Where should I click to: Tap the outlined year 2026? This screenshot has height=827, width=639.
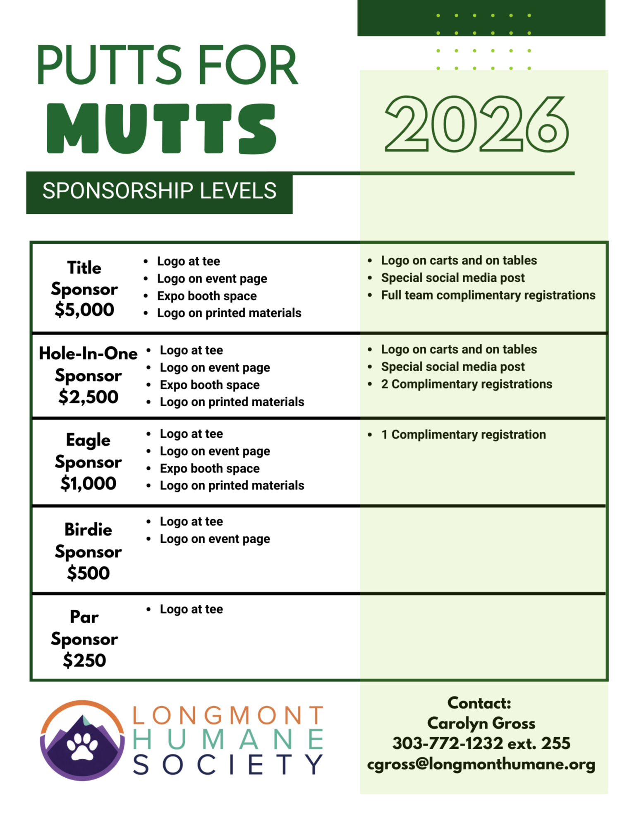click(476, 124)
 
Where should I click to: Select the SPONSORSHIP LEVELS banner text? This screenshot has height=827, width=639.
click(159, 191)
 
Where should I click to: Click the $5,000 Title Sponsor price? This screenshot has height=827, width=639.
click(84, 309)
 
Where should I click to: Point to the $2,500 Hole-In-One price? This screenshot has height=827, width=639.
click(88, 397)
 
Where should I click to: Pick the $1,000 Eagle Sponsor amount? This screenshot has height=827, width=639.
click(88, 483)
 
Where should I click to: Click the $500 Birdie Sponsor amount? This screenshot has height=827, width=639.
click(88, 573)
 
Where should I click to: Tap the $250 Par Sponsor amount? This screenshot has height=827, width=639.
click(84, 660)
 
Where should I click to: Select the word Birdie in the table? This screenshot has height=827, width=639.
click(88, 530)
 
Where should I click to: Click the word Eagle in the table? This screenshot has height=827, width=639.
click(88, 440)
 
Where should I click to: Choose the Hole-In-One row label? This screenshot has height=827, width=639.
click(88, 354)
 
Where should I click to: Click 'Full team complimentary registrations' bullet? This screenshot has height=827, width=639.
click(488, 295)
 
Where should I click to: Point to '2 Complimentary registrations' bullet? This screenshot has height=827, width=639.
click(467, 384)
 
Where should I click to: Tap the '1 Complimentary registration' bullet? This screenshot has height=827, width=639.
click(463, 434)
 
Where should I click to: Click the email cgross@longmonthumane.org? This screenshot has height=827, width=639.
click(481, 764)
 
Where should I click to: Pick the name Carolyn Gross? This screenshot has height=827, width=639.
click(481, 723)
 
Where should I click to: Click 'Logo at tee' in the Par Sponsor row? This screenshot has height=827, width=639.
click(191, 609)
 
